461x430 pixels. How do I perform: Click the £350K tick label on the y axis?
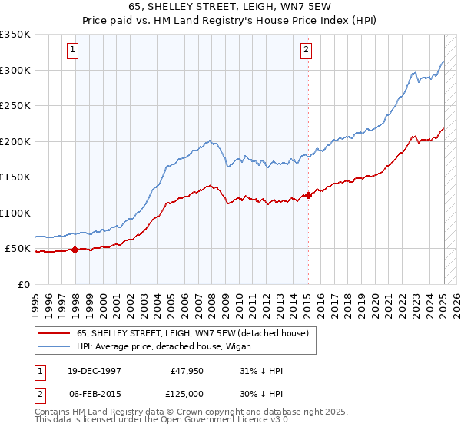click(x=15, y=35)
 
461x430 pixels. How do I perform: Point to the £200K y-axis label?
click(x=15, y=141)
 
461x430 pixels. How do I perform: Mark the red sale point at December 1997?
click(x=75, y=250)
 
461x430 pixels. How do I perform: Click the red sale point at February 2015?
click(x=307, y=195)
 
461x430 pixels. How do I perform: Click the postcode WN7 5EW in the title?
click(x=266, y=7)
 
